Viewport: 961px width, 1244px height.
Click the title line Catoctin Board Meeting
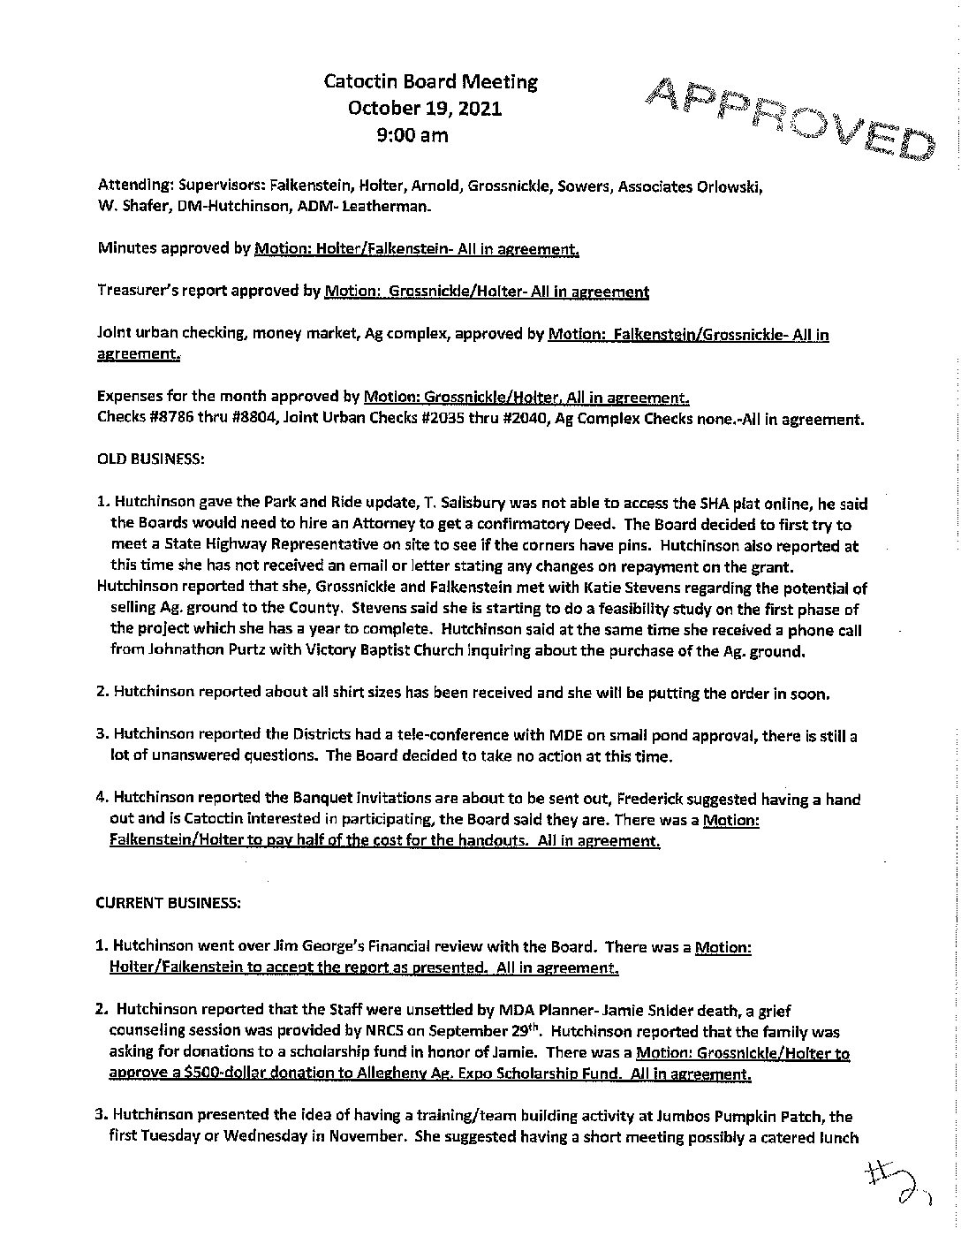(431, 82)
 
